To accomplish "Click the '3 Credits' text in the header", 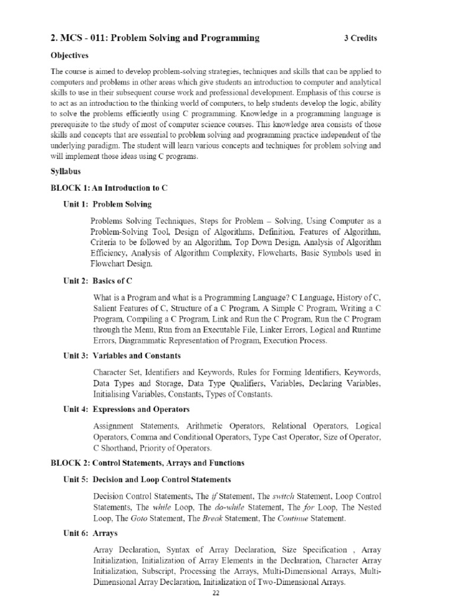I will point(360,38).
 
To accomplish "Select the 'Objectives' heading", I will point(69,55).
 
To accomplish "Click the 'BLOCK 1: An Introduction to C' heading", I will point(109,187).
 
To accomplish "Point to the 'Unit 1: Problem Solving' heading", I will point(107,204).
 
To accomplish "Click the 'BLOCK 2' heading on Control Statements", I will point(148,463).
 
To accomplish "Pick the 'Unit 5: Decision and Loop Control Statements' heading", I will point(147,479).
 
